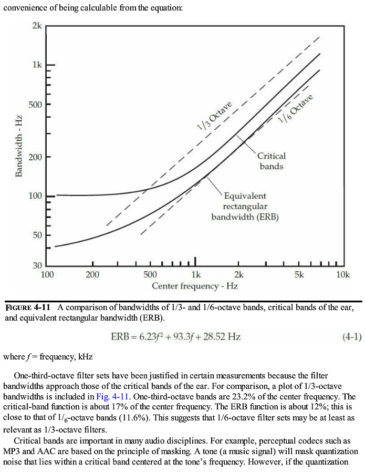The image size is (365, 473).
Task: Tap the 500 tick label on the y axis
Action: pos(36,104)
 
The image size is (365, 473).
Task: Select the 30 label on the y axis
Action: pos(37,265)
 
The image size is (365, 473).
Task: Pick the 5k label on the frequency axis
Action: pos(299,274)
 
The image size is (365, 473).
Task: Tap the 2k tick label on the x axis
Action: pos(238,274)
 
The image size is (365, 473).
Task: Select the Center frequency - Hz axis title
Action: pos(195,286)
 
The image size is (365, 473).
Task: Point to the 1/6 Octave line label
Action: pos(295,109)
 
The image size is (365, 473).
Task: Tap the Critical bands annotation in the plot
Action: pos(271,161)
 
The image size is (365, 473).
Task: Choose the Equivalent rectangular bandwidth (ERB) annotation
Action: pos(245,207)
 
